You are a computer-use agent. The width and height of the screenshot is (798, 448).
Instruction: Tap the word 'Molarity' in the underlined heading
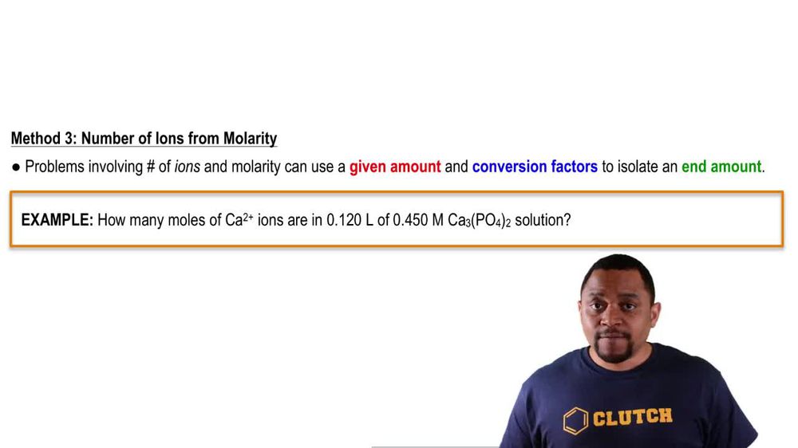point(246,139)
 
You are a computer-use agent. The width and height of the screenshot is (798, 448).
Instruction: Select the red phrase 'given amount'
point(395,167)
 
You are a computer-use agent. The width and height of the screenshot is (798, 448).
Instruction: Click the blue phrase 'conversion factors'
point(535,167)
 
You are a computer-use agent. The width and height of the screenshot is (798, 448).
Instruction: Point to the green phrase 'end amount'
point(721,167)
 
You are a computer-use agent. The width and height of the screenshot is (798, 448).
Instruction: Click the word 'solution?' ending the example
point(543,220)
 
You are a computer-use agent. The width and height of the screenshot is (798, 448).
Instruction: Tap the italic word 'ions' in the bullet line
point(188,167)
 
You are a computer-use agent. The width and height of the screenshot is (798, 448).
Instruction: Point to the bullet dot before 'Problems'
point(16,167)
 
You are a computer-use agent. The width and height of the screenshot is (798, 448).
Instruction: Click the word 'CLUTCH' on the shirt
point(632,417)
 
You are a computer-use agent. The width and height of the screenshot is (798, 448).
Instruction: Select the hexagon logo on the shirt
point(575,420)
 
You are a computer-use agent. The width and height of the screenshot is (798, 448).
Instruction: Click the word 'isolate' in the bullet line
point(637,167)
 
